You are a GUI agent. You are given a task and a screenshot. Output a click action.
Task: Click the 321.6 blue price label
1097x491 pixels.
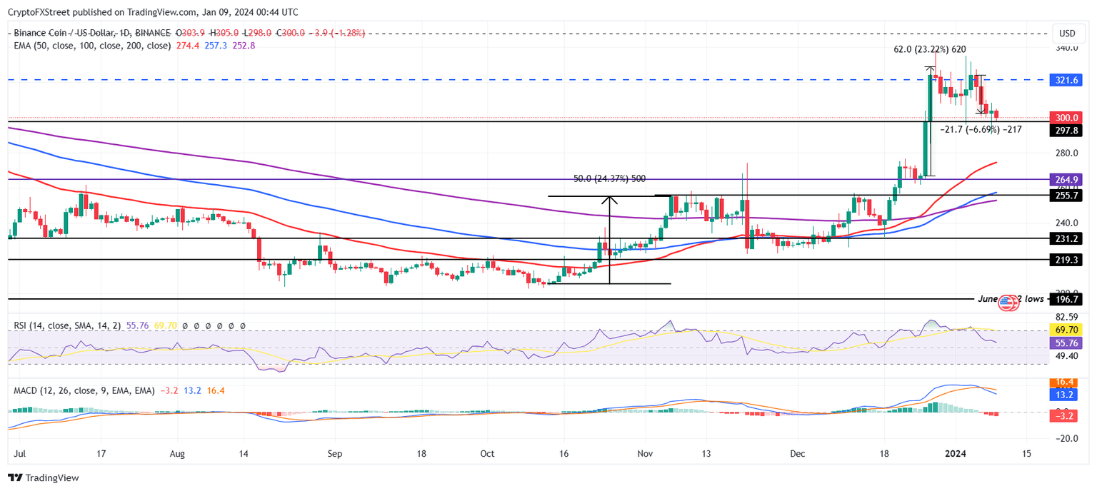(1066, 81)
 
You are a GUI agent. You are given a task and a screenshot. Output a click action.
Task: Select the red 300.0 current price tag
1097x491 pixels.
(1066, 118)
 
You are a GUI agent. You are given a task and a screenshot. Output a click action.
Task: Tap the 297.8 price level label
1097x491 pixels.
(1066, 131)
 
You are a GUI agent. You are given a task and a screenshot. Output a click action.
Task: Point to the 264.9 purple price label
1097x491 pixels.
(1066, 179)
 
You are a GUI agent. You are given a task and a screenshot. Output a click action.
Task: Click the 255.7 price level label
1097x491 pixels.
(1066, 195)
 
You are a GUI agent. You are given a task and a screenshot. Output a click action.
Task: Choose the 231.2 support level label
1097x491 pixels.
(1066, 238)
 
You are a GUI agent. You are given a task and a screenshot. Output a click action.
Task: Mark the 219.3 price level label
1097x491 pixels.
(1066, 260)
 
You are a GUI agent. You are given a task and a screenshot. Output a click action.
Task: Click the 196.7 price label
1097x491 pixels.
(1066, 300)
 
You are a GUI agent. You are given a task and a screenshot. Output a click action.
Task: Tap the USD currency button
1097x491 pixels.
(1067, 34)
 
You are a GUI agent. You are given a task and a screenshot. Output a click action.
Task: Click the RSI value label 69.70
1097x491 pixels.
(1066, 330)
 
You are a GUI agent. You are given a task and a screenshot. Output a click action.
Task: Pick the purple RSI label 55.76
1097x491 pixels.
(1066, 343)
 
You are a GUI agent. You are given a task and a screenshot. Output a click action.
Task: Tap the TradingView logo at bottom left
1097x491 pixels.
(44, 477)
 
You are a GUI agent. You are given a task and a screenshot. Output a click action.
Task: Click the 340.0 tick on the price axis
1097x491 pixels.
(1066, 49)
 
